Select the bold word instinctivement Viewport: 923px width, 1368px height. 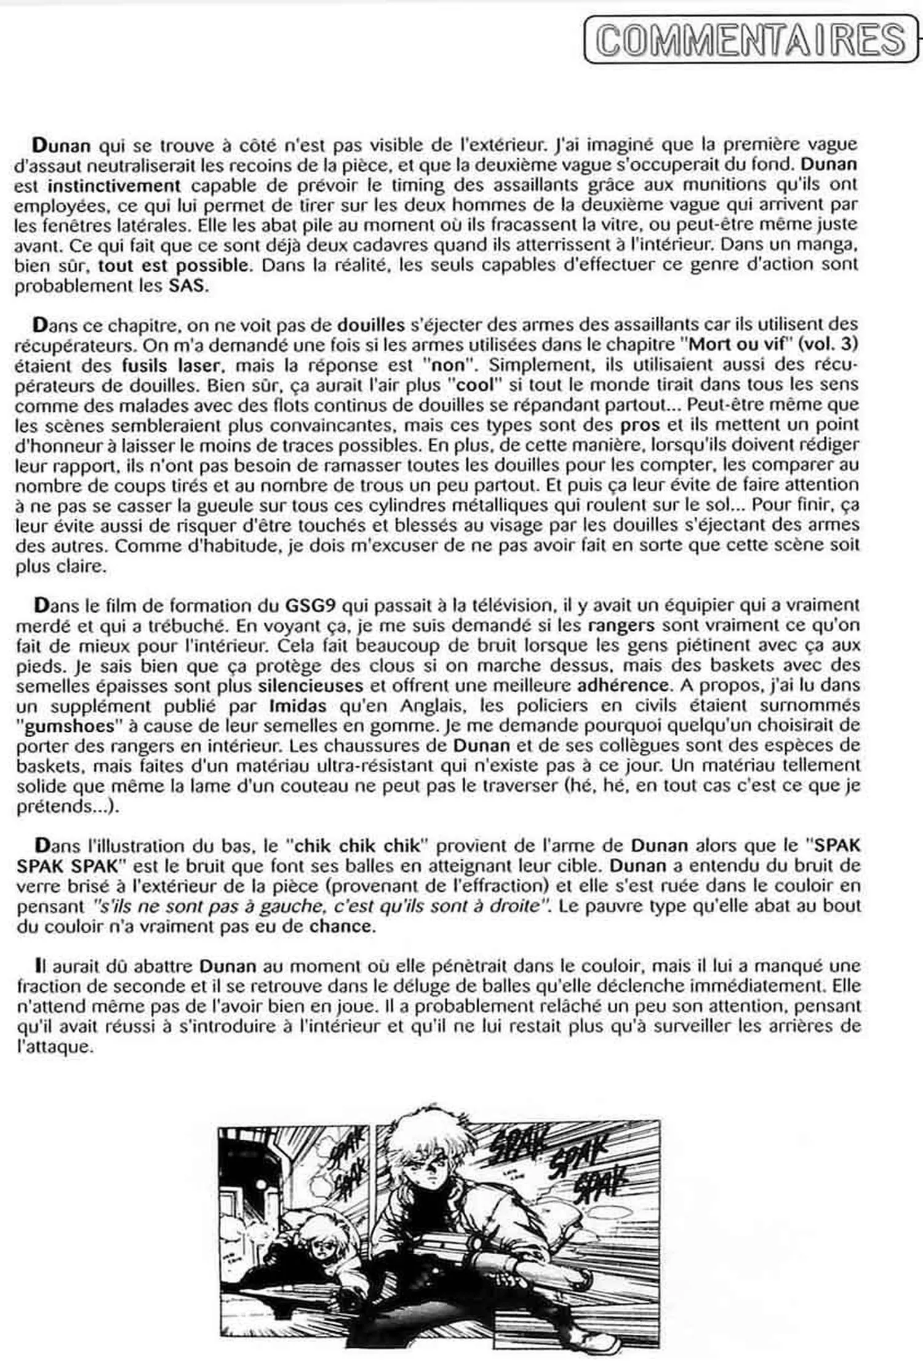point(114,185)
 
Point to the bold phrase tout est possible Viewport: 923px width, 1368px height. point(174,266)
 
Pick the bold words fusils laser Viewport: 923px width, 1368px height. point(170,365)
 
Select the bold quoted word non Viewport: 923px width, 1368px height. point(449,365)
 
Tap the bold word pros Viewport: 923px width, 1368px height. point(640,425)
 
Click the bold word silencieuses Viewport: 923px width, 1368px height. point(311,686)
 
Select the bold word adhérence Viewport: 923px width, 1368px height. point(623,686)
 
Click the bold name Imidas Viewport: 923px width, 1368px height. point(298,706)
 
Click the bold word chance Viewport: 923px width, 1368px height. point(342,926)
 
